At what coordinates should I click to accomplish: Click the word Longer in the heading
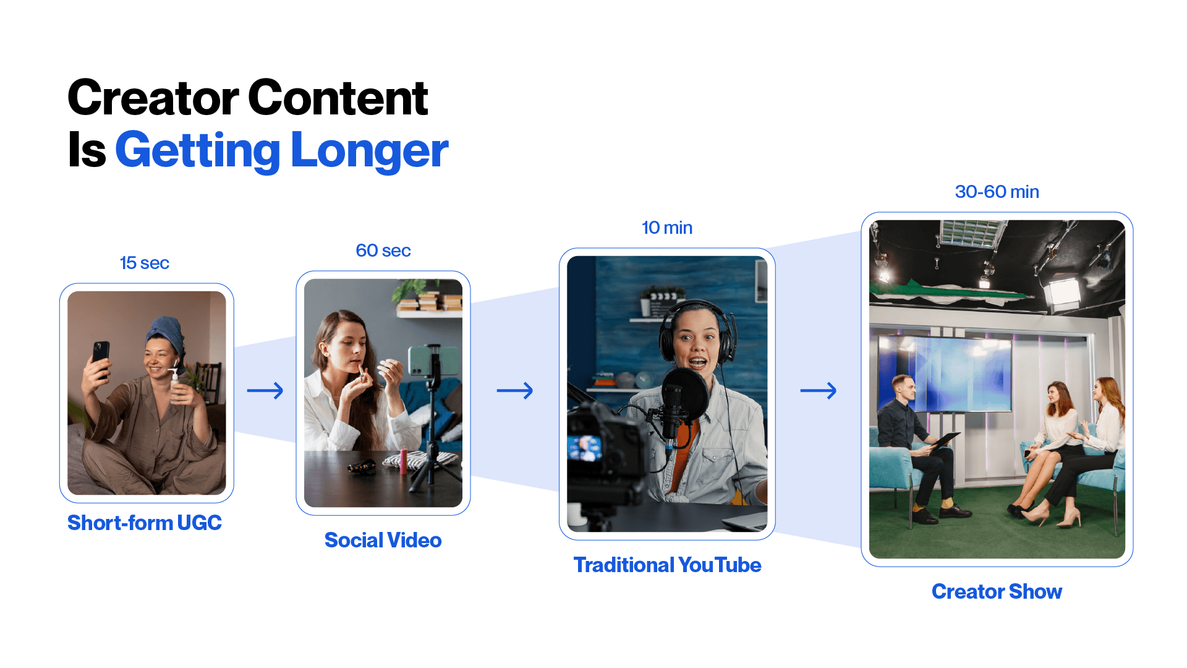pyautogui.click(x=369, y=151)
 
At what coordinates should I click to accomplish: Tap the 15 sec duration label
pyautogui.click(x=144, y=263)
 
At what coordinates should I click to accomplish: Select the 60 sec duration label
pyautogui.click(x=383, y=250)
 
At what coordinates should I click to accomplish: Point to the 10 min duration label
pyautogui.click(x=667, y=228)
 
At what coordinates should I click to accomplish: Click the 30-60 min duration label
pyautogui.click(x=997, y=192)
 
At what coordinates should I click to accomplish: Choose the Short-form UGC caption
pyautogui.click(x=144, y=523)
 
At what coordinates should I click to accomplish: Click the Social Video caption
pyautogui.click(x=383, y=541)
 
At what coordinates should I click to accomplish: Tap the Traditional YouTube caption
pyautogui.click(x=667, y=565)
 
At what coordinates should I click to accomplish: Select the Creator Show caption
pyautogui.click(x=997, y=592)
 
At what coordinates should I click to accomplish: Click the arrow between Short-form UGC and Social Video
pyautogui.click(x=265, y=390)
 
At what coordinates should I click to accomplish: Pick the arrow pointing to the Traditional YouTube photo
pyautogui.click(x=515, y=390)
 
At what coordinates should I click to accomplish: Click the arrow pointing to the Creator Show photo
pyautogui.click(x=819, y=390)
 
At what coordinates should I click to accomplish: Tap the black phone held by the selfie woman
pyautogui.click(x=101, y=356)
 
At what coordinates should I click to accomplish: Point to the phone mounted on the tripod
pyautogui.click(x=425, y=361)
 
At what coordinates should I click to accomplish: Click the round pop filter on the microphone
pyautogui.click(x=685, y=394)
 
